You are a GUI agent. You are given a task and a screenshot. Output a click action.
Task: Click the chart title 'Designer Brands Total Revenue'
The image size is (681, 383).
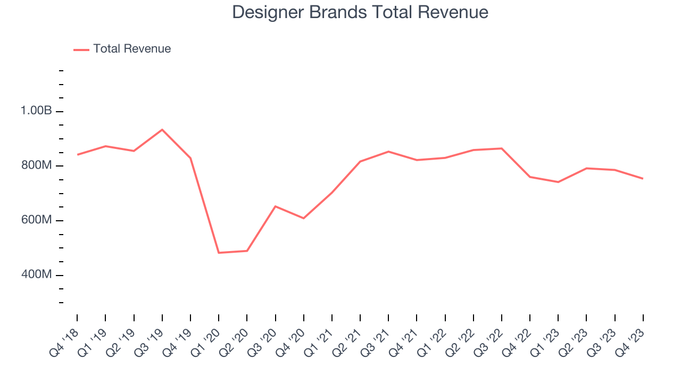click(x=360, y=12)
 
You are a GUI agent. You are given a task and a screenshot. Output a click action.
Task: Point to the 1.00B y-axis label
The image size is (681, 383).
click(x=36, y=111)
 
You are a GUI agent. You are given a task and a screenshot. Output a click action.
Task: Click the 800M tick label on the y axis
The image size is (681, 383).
click(x=36, y=166)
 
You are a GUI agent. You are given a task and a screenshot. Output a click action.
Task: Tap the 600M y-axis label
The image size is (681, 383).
click(x=36, y=220)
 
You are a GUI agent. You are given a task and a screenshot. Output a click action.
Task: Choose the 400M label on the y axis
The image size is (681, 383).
click(x=36, y=275)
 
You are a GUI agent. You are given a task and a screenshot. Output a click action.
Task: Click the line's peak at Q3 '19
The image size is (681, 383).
click(x=162, y=130)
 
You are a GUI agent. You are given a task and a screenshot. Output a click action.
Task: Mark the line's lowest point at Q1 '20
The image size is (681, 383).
click(x=219, y=253)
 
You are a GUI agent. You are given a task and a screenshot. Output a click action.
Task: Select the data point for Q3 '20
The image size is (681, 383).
click(x=275, y=206)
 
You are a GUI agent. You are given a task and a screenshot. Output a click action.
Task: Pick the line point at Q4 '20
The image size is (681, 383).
click(x=304, y=218)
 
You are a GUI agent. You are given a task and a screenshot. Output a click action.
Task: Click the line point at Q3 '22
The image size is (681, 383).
click(x=502, y=148)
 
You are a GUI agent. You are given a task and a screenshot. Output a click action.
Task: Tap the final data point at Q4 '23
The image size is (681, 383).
click(x=643, y=178)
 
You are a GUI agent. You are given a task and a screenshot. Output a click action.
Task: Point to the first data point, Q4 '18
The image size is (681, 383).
click(x=77, y=155)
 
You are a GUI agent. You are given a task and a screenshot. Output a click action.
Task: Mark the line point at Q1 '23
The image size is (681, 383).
click(x=558, y=182)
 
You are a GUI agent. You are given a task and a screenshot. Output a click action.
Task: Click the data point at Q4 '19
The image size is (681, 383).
click(x=190, y=158)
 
